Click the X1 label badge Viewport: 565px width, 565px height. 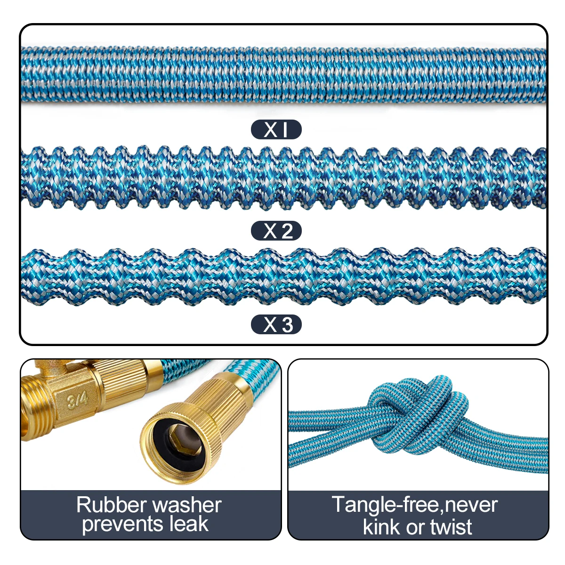tap(276, 129)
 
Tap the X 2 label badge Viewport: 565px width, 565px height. tap(276, 231)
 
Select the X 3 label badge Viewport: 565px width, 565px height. tap(276, 324)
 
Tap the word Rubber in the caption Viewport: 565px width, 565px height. tap(111, 505)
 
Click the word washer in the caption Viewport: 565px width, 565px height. tap(187, 505)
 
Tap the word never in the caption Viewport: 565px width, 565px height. tap(471, 505)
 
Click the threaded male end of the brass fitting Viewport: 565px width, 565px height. tap(38, 414)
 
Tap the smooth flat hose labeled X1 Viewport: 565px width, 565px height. tap(282, 74)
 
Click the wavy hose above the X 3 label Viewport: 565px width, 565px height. tap(282, 275)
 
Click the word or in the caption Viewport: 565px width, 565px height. tap(415, 528)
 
